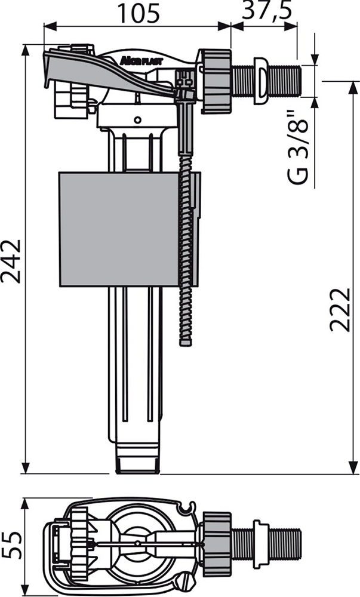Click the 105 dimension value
(x=139, y=13)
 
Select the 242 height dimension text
(x=11, y=261)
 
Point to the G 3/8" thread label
(x=297, y=147)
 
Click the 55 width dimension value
(x=11, y=546)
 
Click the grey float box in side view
(x=119, y=229)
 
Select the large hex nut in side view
(x=216, y=81)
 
